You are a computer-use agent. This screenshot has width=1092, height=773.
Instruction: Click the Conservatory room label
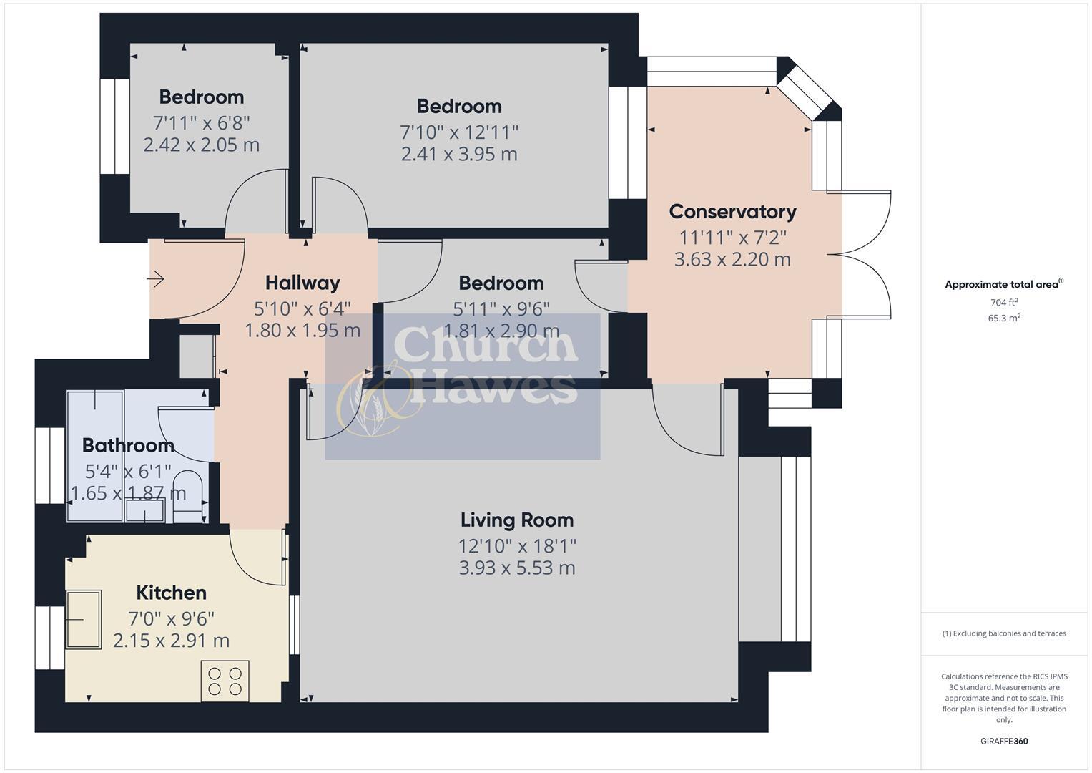(x=732, y=212)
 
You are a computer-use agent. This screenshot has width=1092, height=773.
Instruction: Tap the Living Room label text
(x=516, y=520)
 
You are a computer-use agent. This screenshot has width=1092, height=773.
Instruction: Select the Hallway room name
(x=302, y=283)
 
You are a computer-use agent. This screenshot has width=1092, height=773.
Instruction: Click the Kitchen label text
(x=171, y=593)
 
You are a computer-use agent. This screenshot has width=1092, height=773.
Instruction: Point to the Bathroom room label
(x=128, y=446)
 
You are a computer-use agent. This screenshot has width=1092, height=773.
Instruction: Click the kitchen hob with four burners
(x=225, y=681)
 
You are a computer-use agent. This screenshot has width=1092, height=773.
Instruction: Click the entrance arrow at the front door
(x=157, y=278)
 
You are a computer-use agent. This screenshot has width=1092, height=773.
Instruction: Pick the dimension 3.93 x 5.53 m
(x=516, y=568)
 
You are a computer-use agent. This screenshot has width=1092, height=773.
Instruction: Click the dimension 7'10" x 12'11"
(x=458, y=132)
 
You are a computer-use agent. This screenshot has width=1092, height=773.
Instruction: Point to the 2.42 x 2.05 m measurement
(x=201, y=145)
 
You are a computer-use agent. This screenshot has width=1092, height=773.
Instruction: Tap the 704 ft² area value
(x=1003, y=303)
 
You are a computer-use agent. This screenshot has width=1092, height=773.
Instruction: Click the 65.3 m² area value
(x=1003, y=319)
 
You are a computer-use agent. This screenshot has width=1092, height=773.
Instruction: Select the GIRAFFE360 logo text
(x=1003, y=742)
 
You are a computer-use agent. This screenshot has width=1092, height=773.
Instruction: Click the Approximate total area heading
(x=1003, y=285)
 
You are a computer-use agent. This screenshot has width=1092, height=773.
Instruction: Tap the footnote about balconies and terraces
(x=1003, y=633)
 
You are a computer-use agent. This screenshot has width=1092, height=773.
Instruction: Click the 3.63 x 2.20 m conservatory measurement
(x=732, y=260)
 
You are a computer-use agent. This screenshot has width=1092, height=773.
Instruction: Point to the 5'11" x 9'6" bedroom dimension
(x=501, y=309)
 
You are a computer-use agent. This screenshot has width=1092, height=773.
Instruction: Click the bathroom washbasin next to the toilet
(x=145, y=510)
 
